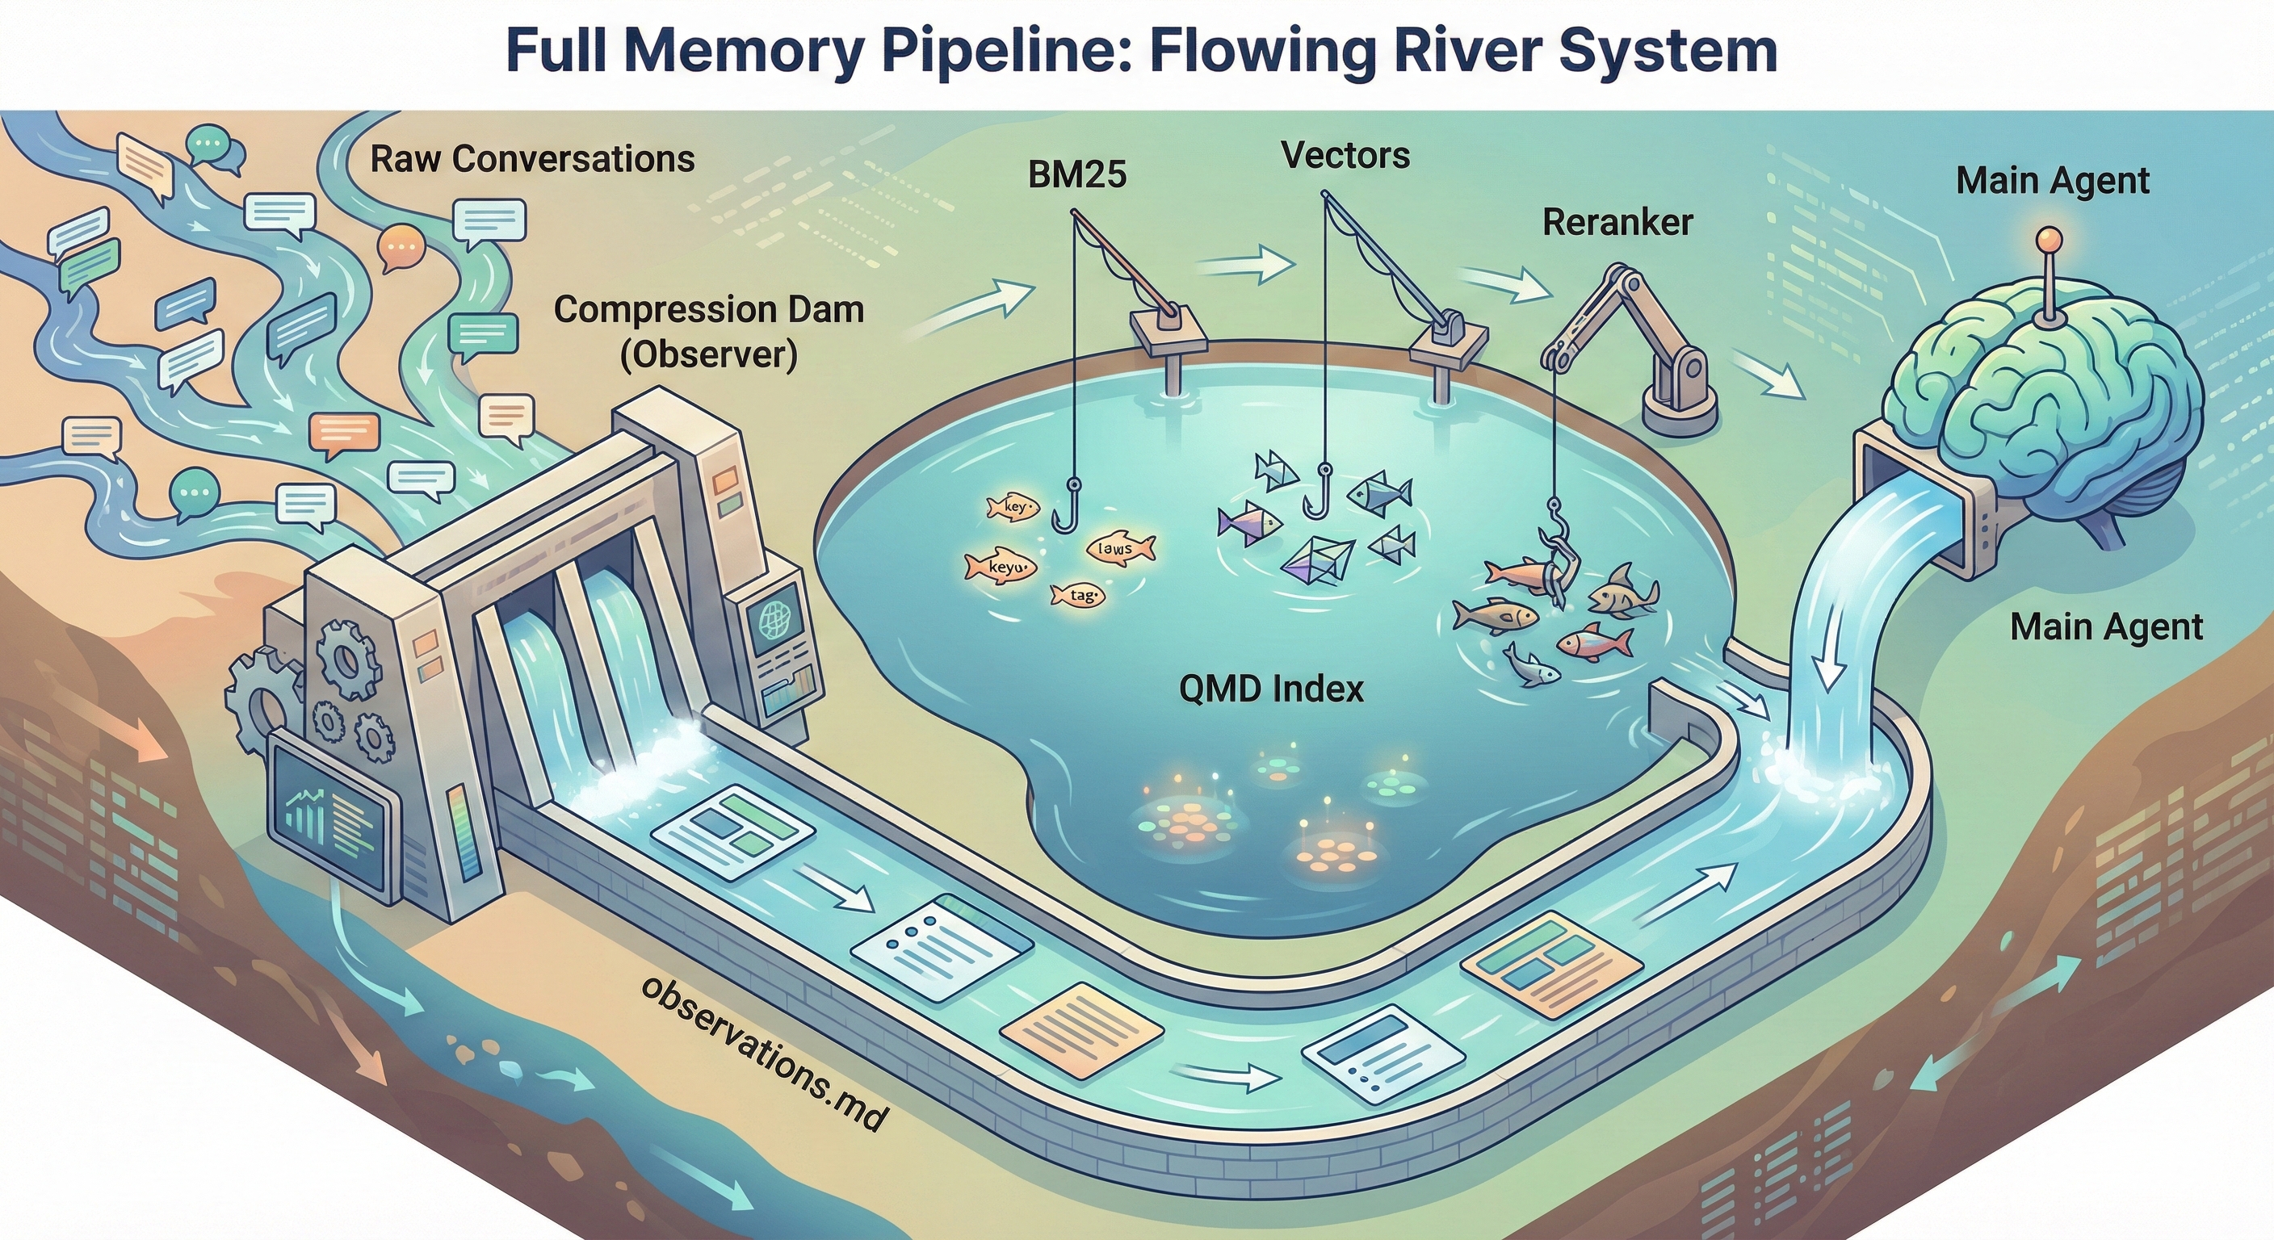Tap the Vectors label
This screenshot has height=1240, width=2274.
(1345, 155)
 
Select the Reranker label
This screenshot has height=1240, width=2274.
(1617, 222)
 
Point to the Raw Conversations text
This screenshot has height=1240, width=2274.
(532, 159)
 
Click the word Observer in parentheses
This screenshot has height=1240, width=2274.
(709, 354)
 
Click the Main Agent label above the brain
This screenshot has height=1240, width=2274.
(2053, 181)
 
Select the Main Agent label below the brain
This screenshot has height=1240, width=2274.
(2106, 627)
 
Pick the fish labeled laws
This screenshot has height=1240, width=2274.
(1118, 548)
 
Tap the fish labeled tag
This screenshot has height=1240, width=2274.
(1079, 596)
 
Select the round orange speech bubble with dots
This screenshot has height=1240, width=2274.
(401, 248)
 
